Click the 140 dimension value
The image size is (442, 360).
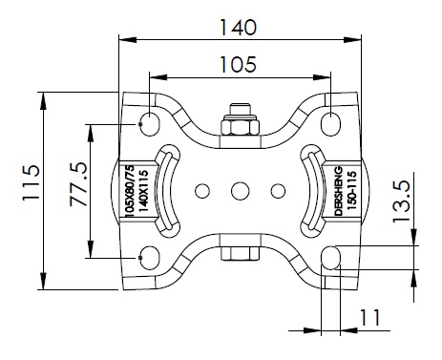pos(239,27)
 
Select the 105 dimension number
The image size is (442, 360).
pos(239,64)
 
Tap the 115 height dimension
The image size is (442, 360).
pos(32,182)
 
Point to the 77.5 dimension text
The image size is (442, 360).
pos(78,184)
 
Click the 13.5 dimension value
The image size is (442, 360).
pos(401,201)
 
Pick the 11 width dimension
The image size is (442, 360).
pos(369,317)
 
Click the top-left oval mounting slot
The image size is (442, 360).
pos(150,124)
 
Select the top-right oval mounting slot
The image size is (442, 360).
pos(331,124)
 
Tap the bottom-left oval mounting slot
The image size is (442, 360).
pos(150,258)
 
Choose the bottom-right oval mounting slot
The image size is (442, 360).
pos(331,258)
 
